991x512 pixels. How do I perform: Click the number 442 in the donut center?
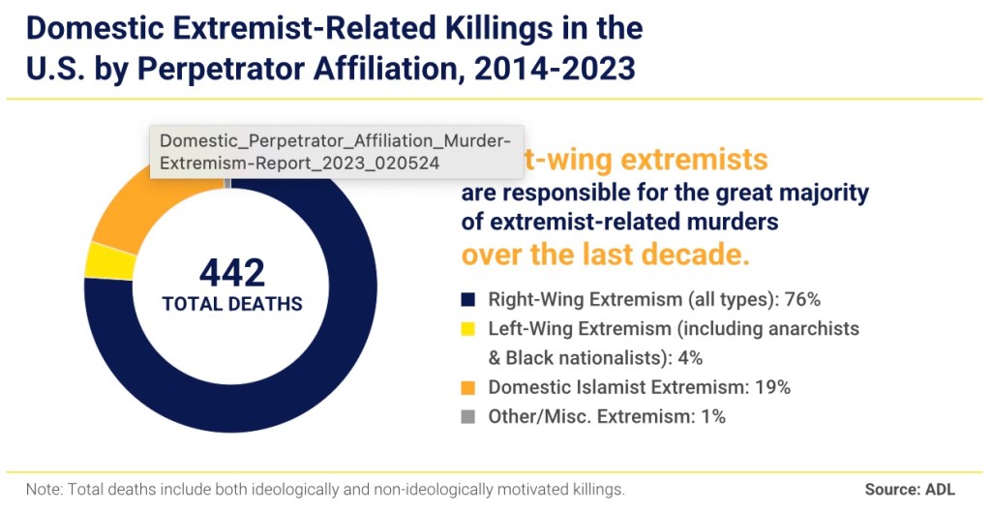(232, 273)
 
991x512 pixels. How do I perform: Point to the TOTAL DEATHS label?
(232, 304)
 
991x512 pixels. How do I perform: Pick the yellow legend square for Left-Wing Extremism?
(468, 328)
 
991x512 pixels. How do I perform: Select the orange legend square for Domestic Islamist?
(468, 387)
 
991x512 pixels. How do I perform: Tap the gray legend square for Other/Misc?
(468, 417)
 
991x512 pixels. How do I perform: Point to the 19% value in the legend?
(772, 387)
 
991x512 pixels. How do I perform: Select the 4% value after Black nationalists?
(687, 358)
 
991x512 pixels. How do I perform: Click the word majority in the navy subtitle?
(824, 192)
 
